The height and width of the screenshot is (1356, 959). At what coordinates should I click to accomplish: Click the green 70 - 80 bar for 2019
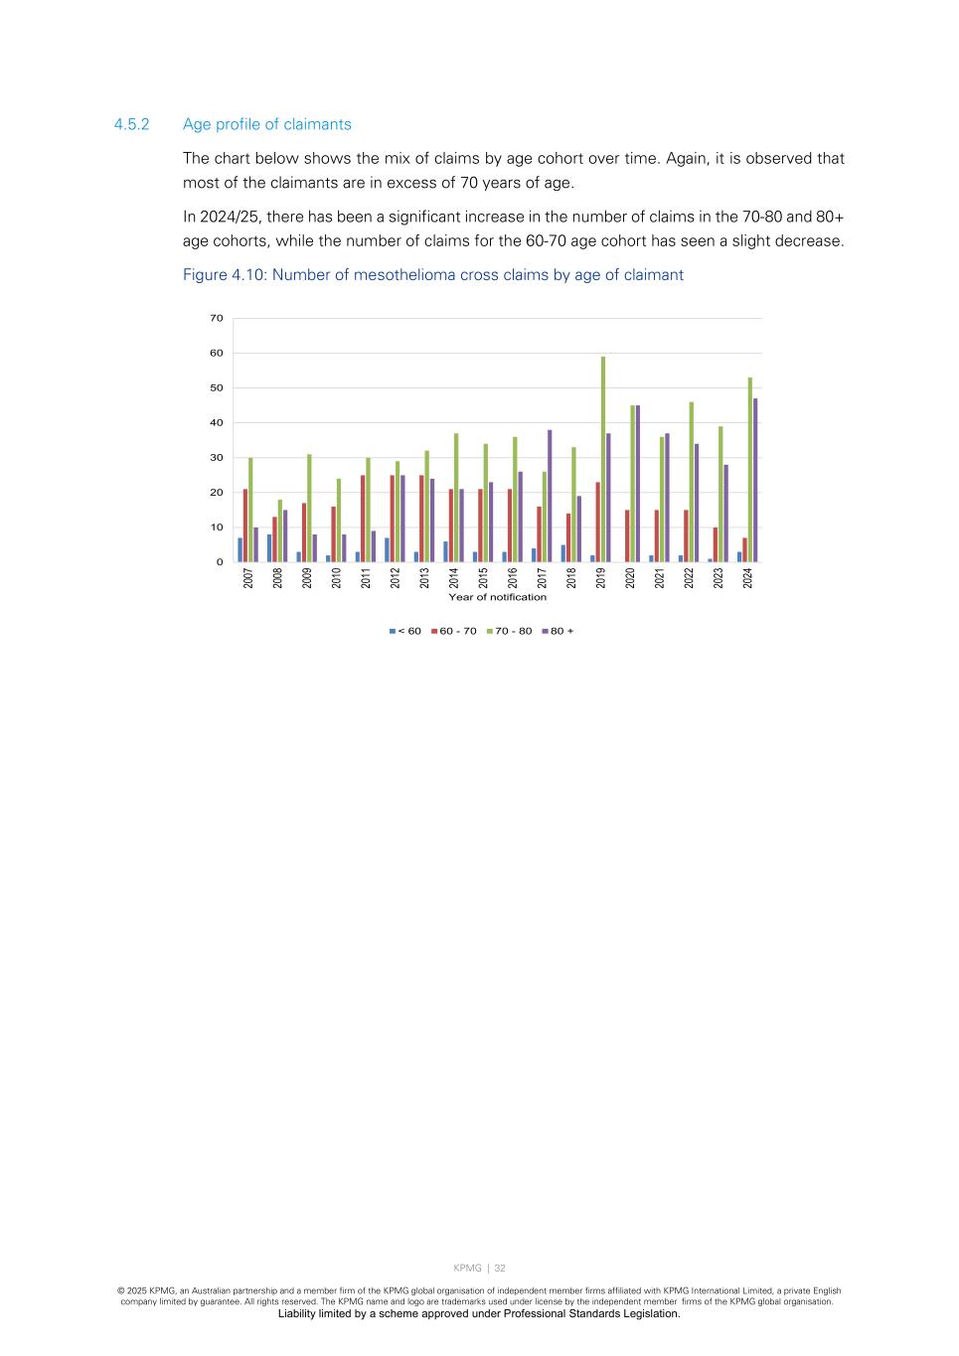point(603,459)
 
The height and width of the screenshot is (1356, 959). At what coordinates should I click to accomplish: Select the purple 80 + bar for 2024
point(755,480)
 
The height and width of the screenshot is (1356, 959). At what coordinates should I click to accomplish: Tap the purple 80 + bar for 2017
point(550,496)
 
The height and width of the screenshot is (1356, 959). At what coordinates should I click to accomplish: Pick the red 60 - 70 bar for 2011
point(363,519)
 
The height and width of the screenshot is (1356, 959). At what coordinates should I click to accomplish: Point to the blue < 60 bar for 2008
point(269,548)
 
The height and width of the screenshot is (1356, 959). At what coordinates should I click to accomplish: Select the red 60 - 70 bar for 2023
point(716,544)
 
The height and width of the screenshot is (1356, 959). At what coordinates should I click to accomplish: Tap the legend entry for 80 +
point(558,631)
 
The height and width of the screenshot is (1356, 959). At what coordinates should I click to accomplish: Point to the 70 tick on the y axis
point(217,318)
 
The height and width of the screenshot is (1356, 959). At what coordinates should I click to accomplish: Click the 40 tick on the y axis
point(217,423)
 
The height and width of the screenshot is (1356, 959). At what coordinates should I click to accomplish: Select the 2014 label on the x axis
point(453,577)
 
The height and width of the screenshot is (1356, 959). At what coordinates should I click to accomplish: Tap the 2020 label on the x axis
point(630,577)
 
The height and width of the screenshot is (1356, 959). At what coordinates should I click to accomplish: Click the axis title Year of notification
point(497,597)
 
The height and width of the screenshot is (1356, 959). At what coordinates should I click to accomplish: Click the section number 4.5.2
point(131,124)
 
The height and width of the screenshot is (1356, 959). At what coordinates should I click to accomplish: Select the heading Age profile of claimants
point(267,124)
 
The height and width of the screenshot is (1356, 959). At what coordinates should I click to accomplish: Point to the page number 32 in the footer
point(500,1268)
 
